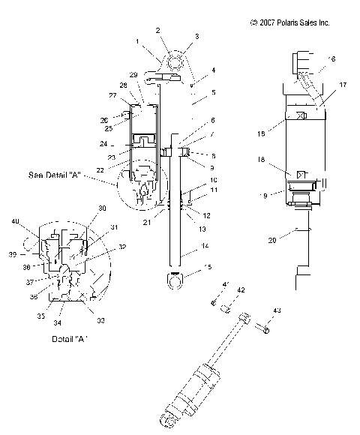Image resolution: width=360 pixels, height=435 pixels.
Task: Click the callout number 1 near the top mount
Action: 138,41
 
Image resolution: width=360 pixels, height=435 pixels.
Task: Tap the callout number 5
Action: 192,93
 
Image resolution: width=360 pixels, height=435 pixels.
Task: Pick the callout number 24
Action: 123,143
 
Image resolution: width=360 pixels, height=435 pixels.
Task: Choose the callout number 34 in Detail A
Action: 58,324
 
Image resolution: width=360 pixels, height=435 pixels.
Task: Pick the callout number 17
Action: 322,85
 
